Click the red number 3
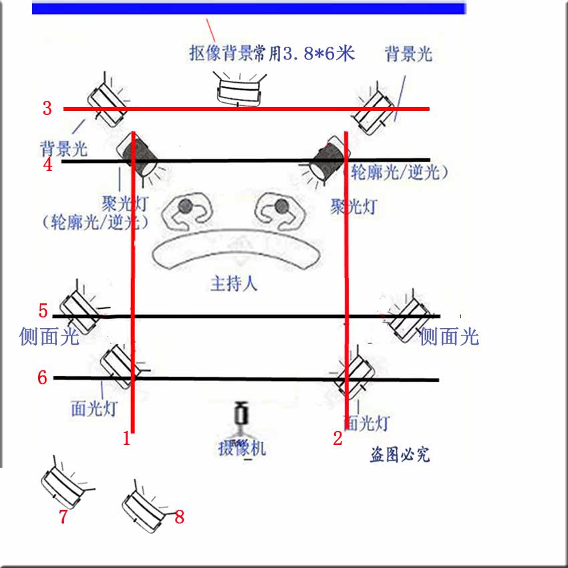pos(47,108)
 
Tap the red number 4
pos(47,164)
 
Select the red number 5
pos(43,311)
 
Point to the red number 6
pos(42,378)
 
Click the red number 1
pos(126,439)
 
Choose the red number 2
pos(337,438)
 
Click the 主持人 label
pos(234,283)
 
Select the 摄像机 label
pos(242,448)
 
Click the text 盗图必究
pos(400,455)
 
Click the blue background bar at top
pos(249,9)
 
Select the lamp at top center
pos(240,90)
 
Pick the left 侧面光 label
pos(49,336)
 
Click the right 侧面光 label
pos(449,336)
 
